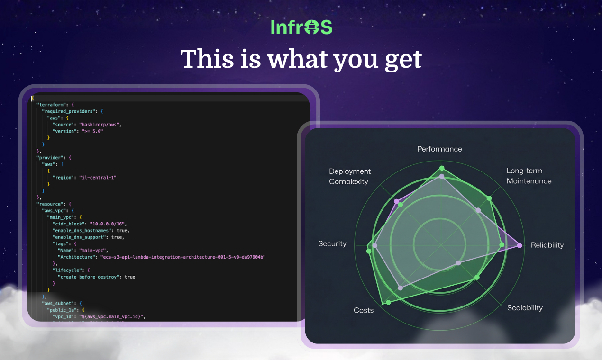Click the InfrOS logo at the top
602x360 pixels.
pyautogui.click(x=301, y=27)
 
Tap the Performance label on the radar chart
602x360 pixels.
pyautogui.click(x=439, y=149)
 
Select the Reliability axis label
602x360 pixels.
pyautogui.click(x=547, y=245)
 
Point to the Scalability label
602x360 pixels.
pyautogui.click(x=525, y=308)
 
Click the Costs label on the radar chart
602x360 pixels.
pyautogui.click(x=364, y=310)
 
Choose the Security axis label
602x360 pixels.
pyautogui.click(x=332, y=243)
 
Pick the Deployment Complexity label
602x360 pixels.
pyautogui.click(x=350, y=176)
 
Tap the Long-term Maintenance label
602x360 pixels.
pyautogui.click(x=529, y=176)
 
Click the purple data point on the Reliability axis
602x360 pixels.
pyautogui.click(x=520, y=245)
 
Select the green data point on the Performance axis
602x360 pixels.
pyautogui.click(x=442, y=168)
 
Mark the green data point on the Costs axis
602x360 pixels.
pyautogui.click(x=389, y=302)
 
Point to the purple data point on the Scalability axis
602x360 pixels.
pyautogui.click(x=458, y=262)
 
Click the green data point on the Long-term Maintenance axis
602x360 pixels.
pyautogui.click(x=489, y=198)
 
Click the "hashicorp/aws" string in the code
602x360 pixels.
pyautogui.click(x=100, y=124)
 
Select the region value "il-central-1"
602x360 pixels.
pyautogui.click(x=98, y=177)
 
